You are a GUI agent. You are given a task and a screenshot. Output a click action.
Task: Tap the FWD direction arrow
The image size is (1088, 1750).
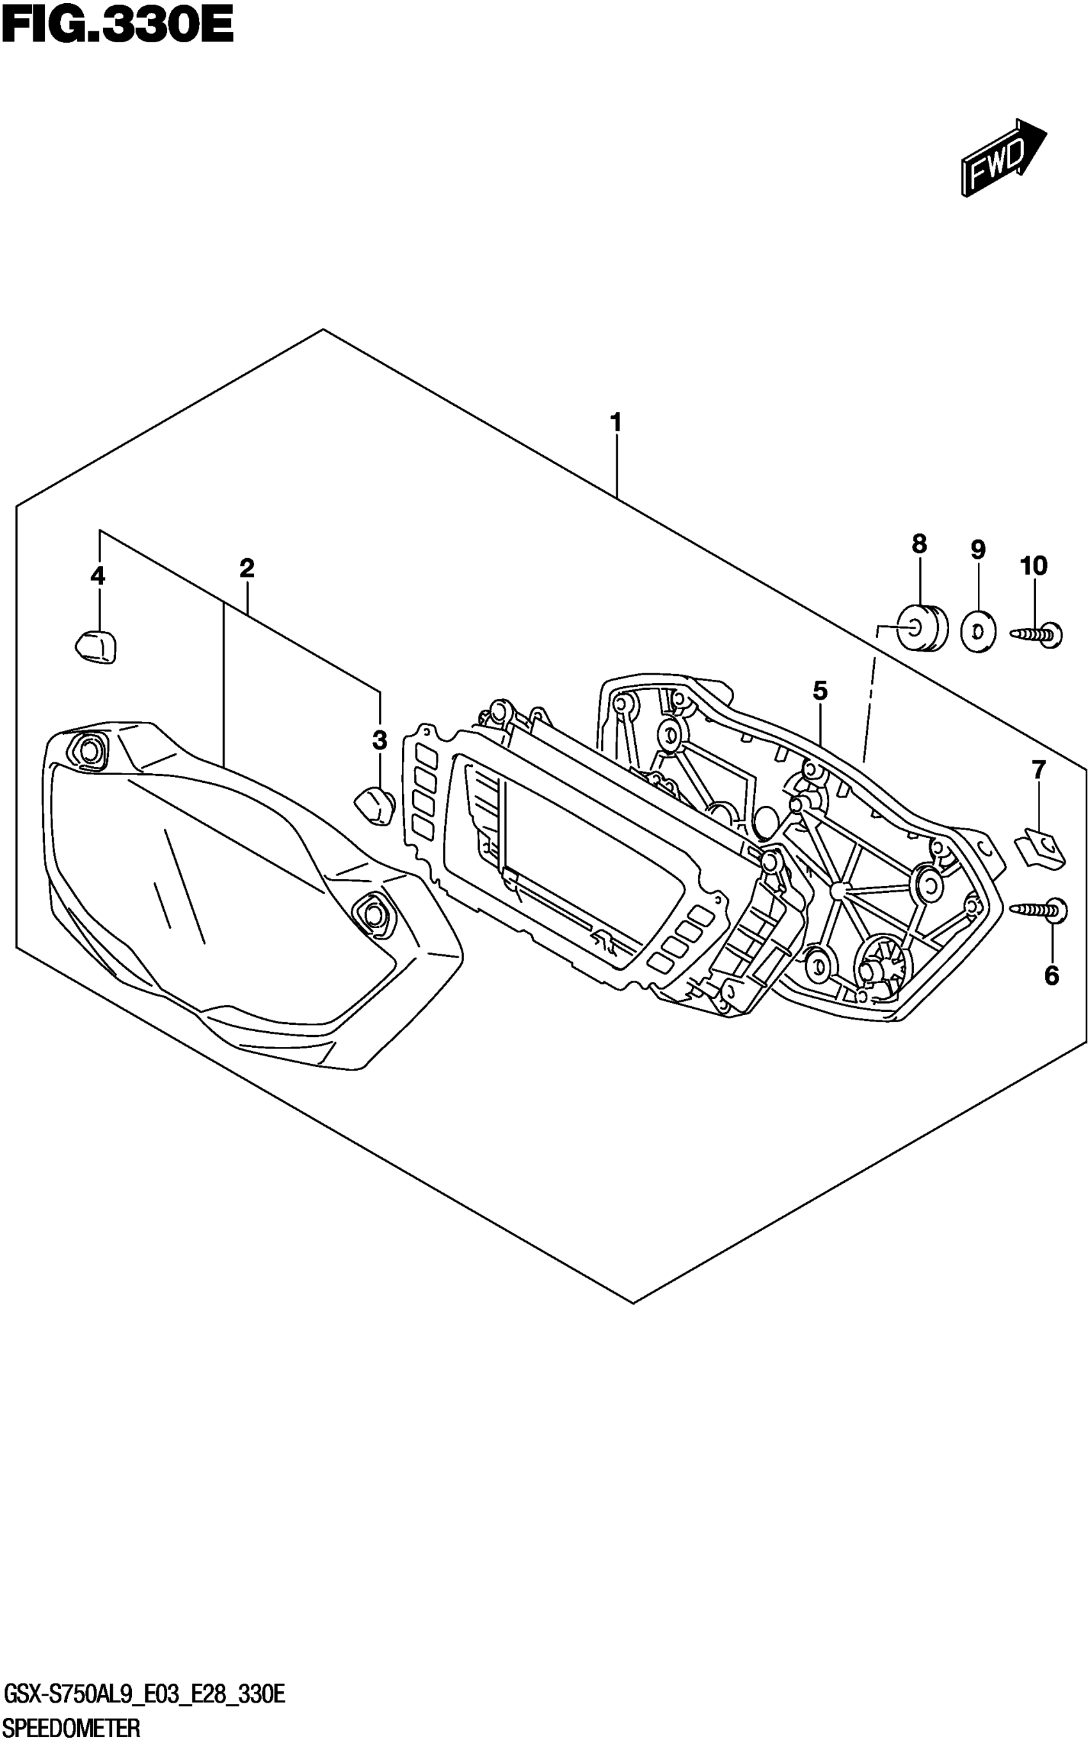tap(1002, 157)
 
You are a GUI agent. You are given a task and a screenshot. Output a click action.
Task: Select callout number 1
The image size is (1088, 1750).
tap(616, 422)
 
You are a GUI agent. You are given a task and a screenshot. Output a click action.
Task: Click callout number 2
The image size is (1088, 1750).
tap(247, 568)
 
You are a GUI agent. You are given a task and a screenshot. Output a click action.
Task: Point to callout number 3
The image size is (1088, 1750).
tap(380, 740)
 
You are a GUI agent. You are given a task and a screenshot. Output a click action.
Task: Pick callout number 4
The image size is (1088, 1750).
tap(98, 575)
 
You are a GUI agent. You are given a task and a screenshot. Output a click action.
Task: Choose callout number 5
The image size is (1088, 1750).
tap(820, 691)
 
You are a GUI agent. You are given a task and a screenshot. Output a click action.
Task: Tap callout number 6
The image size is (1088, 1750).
tap(1052, 975)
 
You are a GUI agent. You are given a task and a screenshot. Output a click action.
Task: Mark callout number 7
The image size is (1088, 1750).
tap(1037, 770)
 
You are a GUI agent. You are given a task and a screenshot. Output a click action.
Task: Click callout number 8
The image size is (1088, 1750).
tap(919, 544)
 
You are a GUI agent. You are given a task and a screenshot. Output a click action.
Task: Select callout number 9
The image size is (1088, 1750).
tap(977, 550)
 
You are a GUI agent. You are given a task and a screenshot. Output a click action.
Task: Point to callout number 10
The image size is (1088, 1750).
tap(1034, 566)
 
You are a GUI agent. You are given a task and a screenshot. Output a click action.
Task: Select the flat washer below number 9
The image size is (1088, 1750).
tap(978, 631)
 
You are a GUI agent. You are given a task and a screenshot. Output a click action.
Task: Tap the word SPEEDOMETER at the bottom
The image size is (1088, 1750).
tap(72, 1727)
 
